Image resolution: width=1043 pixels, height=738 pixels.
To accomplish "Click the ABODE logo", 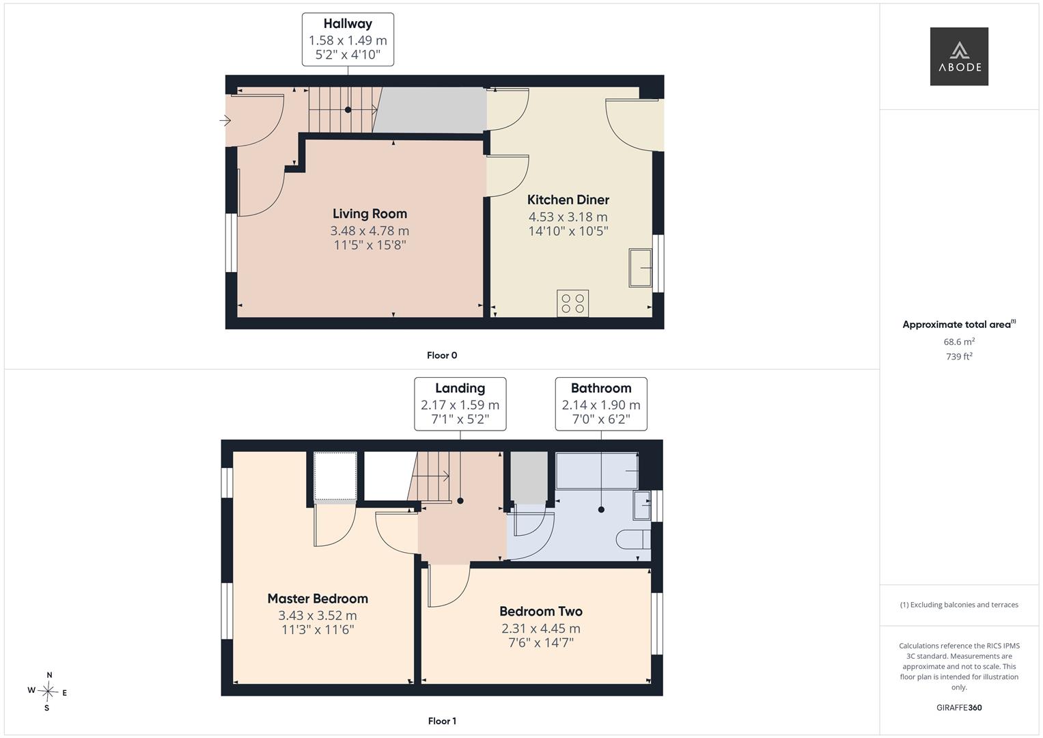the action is (959, 56).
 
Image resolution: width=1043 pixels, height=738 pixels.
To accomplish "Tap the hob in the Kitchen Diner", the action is (572, 303).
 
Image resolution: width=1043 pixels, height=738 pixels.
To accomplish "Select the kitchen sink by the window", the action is (640, 268).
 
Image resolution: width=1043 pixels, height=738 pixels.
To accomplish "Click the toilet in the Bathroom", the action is (633, 540).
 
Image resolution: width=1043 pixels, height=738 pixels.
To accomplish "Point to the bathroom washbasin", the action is (641, 505).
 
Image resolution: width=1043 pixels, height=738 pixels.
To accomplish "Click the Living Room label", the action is (370, 214).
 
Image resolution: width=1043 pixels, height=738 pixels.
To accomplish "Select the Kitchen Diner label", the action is (568, 200).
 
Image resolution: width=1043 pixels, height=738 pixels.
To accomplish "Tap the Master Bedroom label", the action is (318, 599).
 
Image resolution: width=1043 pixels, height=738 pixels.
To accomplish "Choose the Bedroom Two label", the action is (540, 612).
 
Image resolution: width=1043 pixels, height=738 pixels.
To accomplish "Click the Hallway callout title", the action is (348, 24).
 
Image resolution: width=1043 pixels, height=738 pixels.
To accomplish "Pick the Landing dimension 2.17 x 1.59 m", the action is (460, 405).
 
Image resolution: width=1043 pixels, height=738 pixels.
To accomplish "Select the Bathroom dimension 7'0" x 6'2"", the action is (601, 420).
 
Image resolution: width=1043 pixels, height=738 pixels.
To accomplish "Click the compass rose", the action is (48, 692).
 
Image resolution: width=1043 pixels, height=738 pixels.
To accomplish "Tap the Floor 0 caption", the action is (442, 355).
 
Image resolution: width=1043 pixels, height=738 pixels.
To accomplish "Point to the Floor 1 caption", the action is (442, 721).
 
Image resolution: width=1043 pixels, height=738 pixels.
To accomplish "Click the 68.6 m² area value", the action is (959, 342).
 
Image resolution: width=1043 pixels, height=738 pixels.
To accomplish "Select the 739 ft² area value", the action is (959, 357).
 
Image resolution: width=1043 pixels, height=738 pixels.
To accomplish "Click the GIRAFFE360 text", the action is (959, 708).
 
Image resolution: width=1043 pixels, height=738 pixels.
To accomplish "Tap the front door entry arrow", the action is (225, 121).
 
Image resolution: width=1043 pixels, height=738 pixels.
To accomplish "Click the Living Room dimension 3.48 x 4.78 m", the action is (370, 231).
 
